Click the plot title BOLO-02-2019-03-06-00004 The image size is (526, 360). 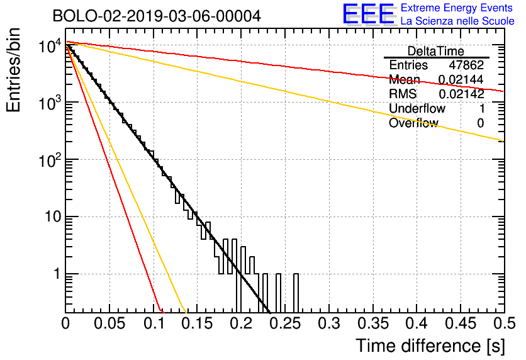[x=157, y=16]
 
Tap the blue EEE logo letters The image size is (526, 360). [x=369, y=14]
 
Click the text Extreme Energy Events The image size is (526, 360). [x=457, y=8]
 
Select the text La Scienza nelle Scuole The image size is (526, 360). [x=457, y=21]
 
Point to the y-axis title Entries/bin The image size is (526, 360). [x=13, y=70]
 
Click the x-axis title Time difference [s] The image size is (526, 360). [x=430, y=346]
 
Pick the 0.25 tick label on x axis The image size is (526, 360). [x=285, y=323]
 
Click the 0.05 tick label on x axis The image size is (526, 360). [x=109, y=323]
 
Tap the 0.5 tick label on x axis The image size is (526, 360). [x=505, y=323]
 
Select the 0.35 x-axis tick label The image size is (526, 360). [x=373, y=323]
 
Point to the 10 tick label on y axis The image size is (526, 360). [x=53, y=217]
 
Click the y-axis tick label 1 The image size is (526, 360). [x=57, y=274]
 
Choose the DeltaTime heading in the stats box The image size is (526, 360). [x=436, y=51]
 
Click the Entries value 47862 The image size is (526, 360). [x=466, y=65]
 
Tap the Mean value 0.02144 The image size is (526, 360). [x=461, y=79]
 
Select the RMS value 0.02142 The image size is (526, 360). [x=461, y=94]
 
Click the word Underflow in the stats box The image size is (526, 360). [x=417, y=108]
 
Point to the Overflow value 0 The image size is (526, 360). [x=480, y=123]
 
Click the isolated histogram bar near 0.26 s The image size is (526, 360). [x=296, y=293]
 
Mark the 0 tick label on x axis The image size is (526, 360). [x=65, y=323]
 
